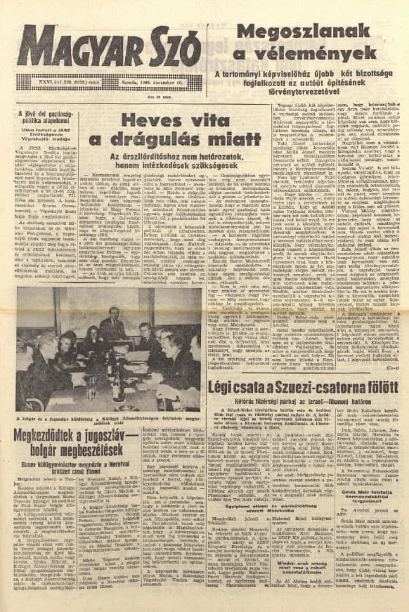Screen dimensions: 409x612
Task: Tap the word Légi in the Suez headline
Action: click(229, 388)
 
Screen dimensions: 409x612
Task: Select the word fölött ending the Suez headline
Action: click(380, 388)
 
